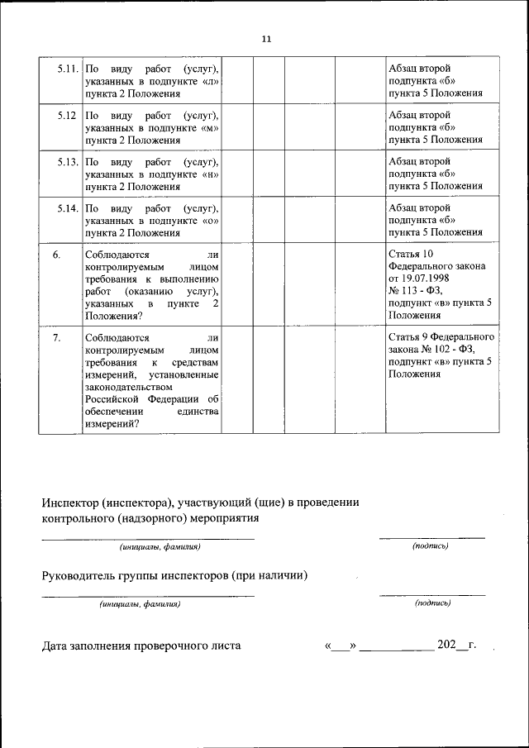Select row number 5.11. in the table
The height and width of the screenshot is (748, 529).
(x=68, y=68)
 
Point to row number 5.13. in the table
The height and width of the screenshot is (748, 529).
(x=68, y=160)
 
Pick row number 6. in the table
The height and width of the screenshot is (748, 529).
(x=57, y=255)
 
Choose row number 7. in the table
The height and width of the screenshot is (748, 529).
(x=57, y=337)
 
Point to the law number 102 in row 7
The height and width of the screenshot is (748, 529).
(x=440, y=350)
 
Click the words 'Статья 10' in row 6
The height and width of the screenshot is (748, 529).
(x=410, y=255)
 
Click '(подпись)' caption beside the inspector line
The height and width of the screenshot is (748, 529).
(x=430, y=546)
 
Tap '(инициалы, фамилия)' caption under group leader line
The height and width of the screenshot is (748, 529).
(x=140, y=604)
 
